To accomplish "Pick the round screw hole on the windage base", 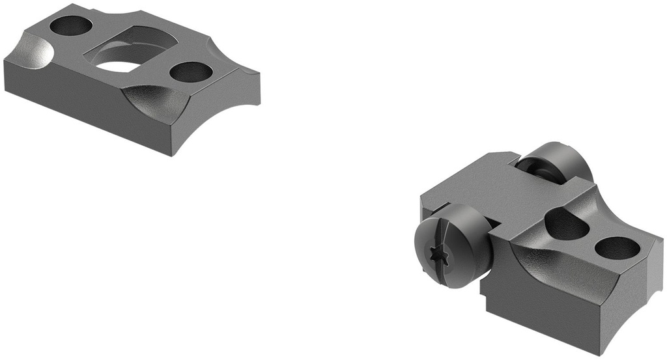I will [616, 247].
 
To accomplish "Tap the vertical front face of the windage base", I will [547, 306].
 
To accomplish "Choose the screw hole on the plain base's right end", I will [193, 72].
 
